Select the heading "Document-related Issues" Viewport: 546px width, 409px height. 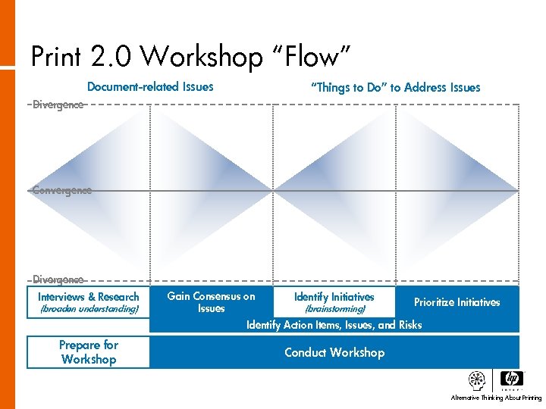(150, 86)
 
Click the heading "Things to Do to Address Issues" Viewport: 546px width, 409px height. (396, 87)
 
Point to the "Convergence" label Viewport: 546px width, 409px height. (62, 190)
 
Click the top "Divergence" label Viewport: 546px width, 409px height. (58, 105)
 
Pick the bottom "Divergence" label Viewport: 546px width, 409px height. (58, 279)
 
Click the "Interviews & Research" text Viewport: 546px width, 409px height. (89, 297)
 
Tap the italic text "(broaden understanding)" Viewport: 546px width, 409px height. (89, 309)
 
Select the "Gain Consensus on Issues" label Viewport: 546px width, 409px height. (211, 302)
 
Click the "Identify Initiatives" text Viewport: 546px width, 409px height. (334, 297)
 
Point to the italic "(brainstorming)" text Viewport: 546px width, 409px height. (334, 309)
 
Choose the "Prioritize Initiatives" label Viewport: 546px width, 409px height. (457, 302)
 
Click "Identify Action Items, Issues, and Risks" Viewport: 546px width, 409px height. (334, 325)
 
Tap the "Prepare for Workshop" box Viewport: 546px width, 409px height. (89, 352)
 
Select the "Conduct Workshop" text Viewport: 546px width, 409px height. (334, 352)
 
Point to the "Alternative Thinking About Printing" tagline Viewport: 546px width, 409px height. (496, 398)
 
